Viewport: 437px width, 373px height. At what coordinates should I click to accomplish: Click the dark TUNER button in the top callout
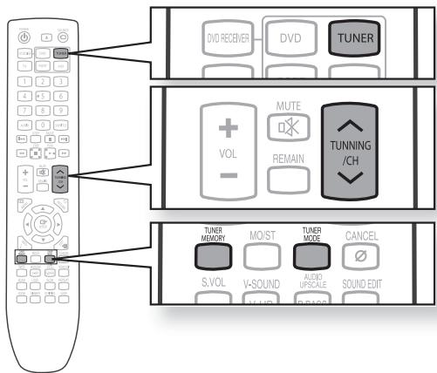click(x=359, y=37)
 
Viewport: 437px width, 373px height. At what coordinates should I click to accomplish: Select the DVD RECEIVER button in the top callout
click(x=215, y=38)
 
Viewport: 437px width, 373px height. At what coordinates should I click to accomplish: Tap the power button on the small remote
click(x=24, y=36)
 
